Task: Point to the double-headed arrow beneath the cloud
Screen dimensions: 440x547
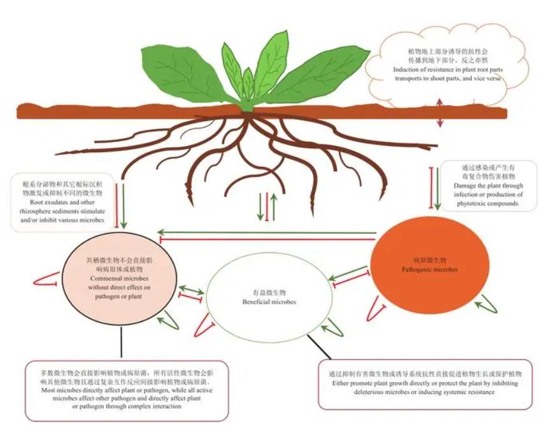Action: coord(439,113)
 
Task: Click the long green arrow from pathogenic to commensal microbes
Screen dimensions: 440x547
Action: coord(267,232)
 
